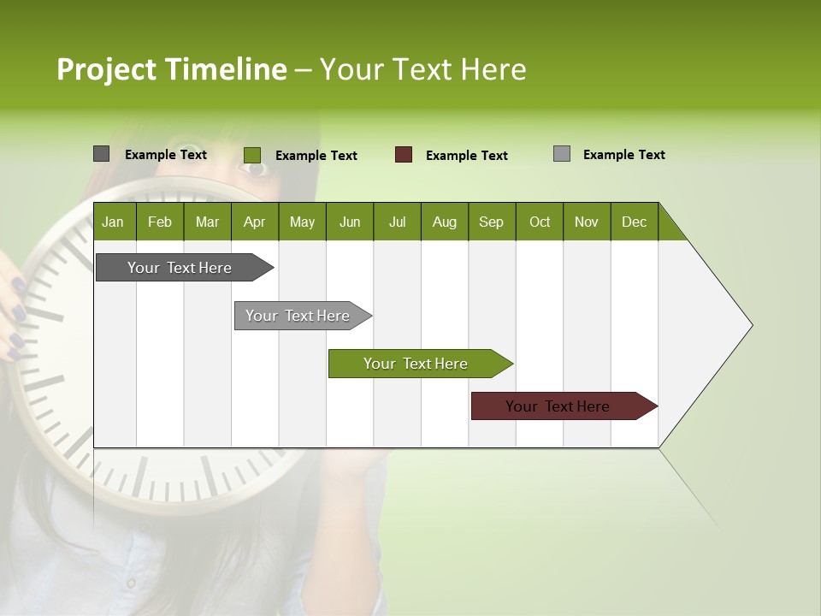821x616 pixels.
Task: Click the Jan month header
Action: [114, 222]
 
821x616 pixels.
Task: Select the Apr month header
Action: [255, 222]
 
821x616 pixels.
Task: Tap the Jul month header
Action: [397, 222]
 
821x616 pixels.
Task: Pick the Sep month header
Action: [492, 222]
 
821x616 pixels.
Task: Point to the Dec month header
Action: [634, 222]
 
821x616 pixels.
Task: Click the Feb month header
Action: [160, 222]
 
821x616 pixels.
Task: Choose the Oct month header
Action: [540, 222]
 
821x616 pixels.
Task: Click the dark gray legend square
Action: [101, 154]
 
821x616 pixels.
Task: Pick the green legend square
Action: [251, 155]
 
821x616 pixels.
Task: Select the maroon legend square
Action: [404, 155]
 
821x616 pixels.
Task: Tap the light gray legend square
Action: [562, 154]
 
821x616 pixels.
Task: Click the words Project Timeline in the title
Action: [171, 69]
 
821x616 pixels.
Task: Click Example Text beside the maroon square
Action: [467, 156]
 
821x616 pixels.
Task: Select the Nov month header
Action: [587, 222]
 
